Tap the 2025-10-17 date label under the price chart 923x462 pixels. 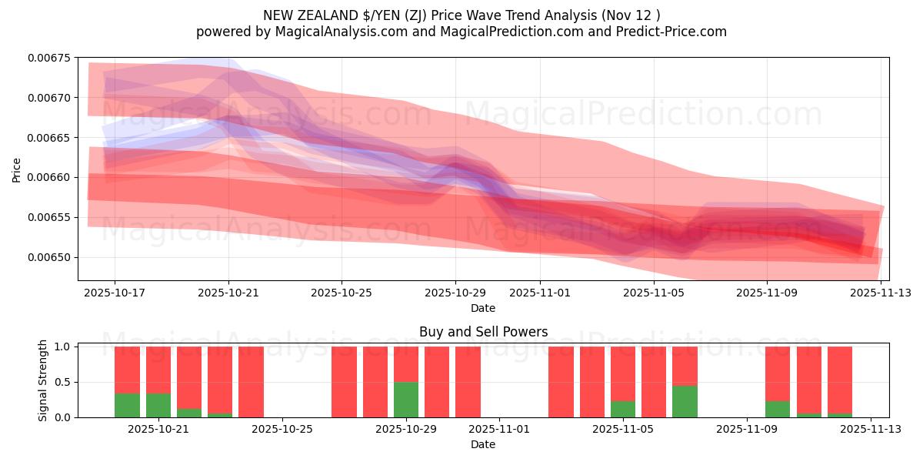[115, 293]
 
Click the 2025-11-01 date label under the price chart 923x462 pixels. [540, 293]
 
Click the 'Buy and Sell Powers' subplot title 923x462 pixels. [483, 333]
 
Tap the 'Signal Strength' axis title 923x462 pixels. [43, 380]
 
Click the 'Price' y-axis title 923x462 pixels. [17, 169]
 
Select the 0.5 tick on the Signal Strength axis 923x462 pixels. [63, 382]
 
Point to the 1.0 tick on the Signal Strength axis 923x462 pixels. [63, 346]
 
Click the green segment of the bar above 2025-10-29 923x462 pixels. [406, 400]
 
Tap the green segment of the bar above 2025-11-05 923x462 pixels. [623, 409]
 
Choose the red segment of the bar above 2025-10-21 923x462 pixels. [158, 370]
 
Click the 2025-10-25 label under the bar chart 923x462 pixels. [282, 429]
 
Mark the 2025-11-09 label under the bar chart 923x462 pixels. [747, 429]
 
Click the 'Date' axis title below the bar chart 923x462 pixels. [483, 444]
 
